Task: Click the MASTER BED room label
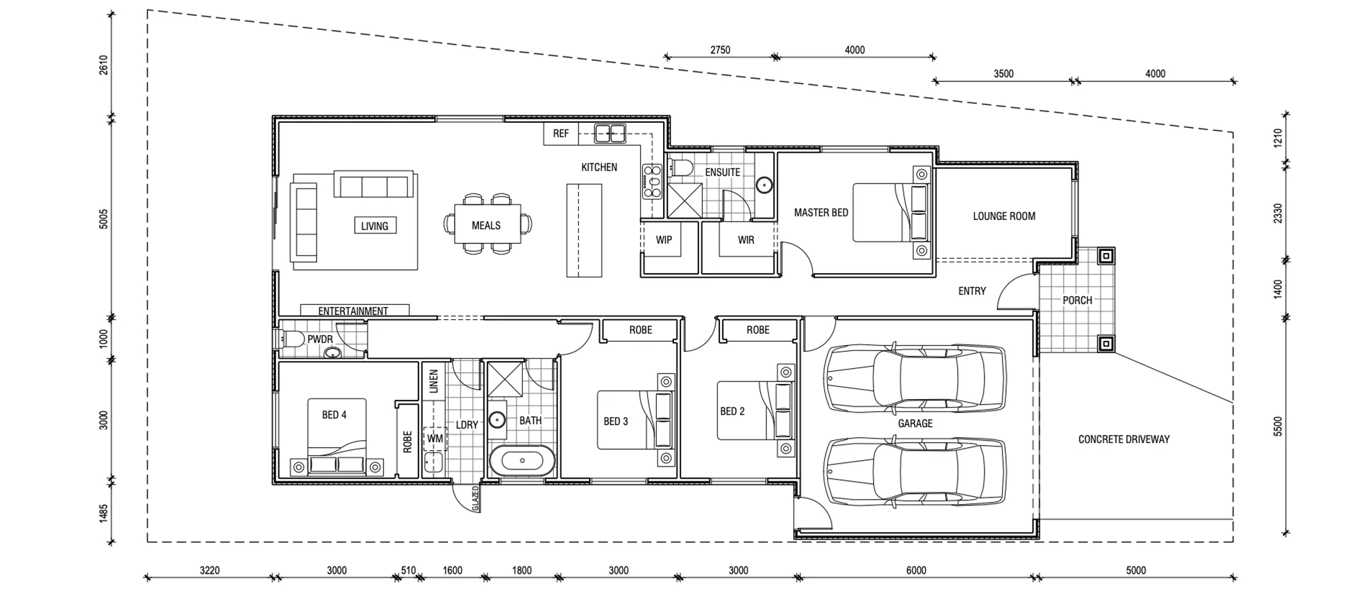click(x=821, y=213)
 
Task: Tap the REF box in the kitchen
click(x=561, y=134)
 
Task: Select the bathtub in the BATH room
click(x=522, y=460)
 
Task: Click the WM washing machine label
click(x=435, y=439)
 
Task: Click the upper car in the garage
click(x=916, y=379)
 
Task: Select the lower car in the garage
click(x=914, y=471)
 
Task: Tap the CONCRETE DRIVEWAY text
click(x=1123, y=439)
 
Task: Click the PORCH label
click(x=1077, y=301)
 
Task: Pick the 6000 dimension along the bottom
click(x=916, y=571)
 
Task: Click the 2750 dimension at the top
click(x=720, y=50)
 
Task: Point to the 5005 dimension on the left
click(x=104, y=219)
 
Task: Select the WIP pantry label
click(x=663, y=240)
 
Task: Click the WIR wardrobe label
click(x=746, y=240)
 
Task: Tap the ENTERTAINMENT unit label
click(x=353, y=311)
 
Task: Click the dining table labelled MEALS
click(x=486, y=225)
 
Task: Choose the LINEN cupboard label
click(x=434, y=381)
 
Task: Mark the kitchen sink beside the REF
click(x=610, y=133)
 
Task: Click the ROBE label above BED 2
click(x=757, y=330)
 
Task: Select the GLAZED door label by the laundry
click(x=475, y=498)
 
